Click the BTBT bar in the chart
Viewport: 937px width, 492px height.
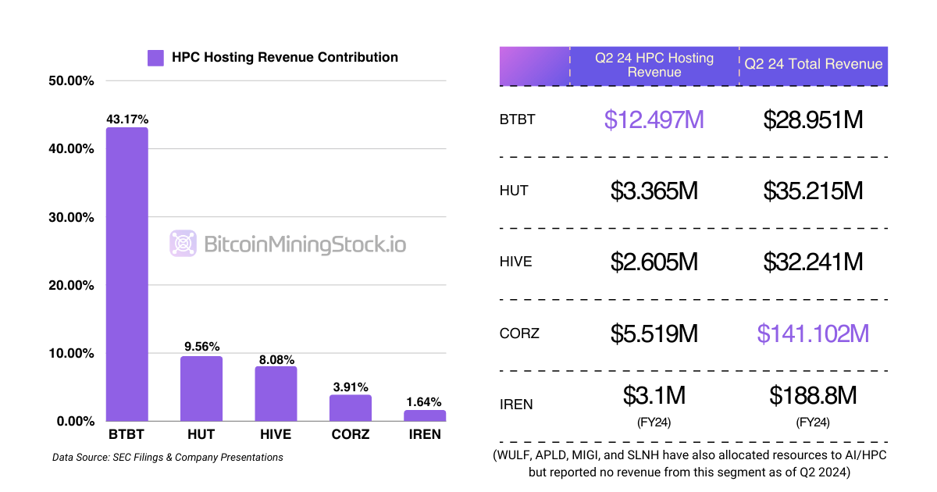pyautogui.click(x=126, y=274)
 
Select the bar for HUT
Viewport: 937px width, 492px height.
pyautogui.click(x=201, y=388)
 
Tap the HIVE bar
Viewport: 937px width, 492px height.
pyautogui.click(x=276, y=394)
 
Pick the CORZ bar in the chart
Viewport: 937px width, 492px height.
pyautogui.click(x=350, y=408)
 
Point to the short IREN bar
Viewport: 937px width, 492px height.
pyautogui.click(x=425, y=415)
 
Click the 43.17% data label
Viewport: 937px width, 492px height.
pyautogui.click(x=127, y=119)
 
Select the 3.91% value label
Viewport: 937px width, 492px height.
pyautogui.click(x=350, y=387)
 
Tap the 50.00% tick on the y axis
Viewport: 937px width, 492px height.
pyautogui.click(x=71, y=80)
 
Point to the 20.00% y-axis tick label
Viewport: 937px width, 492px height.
pyautogui.click(x=71, y=285)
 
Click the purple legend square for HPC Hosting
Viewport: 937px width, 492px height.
pyautogui.click(x=155, y=58)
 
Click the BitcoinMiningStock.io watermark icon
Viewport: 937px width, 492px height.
pyautogui.click(x=183, y=244)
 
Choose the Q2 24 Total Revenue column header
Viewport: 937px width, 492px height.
pyautogui.click(x=814, y=64)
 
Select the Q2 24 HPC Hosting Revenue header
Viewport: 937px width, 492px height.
pyautogui.click(x=654, y=65)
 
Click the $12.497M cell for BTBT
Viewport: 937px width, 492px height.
pyautogui.click(x=654, y=119)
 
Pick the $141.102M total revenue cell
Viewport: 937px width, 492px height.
pyautogui.click(x=813, y=333)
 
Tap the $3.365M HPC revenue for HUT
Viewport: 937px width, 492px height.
pyautogui.click(x=654, y=190)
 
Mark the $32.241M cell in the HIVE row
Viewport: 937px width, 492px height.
pyautogui.click(x=813, y=262)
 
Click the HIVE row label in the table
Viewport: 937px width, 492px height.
pyautogui.click(x=515, y=262)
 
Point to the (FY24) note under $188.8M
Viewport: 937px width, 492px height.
pyautogui.click(x=813, y=422)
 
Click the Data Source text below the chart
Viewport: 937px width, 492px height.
pyautogui.click(x=167, y=457)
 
